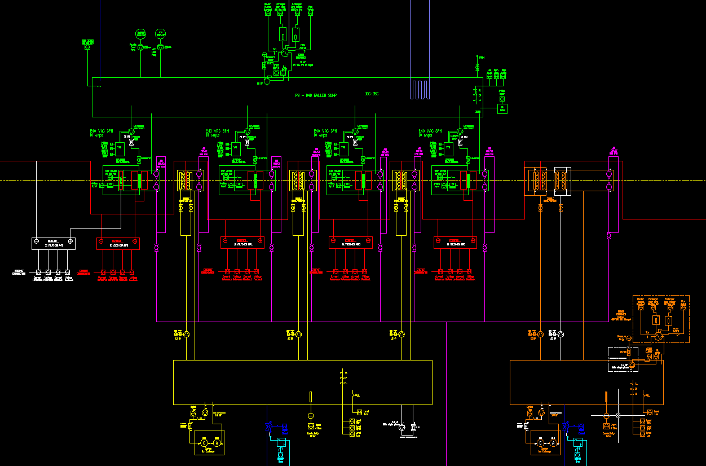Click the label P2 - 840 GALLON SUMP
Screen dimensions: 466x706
pyautogui.click(x=316, y=96)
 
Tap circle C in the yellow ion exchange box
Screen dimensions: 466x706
pyautogui.click(x=204, y=443)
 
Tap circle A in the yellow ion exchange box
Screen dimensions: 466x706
pyautogui.click(x=215, y=443)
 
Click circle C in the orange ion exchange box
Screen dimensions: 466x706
pyautogui.click(x=540, y=443)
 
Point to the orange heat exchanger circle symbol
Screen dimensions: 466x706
pyautogui.click(x=658, y=335)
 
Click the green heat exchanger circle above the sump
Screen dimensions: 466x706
pyautogui.click(x=285, y=52)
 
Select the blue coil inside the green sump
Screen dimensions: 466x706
pyautogui.click(x=421, y=89)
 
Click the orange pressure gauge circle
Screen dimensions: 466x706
pyautogui.click(x=629, y=338)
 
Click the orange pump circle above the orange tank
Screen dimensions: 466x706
pyautogui.click(x=540, y=335)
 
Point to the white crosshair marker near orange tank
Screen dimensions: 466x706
pyautogui.click(x=618, y=415)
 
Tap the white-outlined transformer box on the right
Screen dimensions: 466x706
pyautogui.click(x=562, y=181)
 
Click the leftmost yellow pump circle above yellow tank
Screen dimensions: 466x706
pyautogui.click(x=186, y=335)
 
